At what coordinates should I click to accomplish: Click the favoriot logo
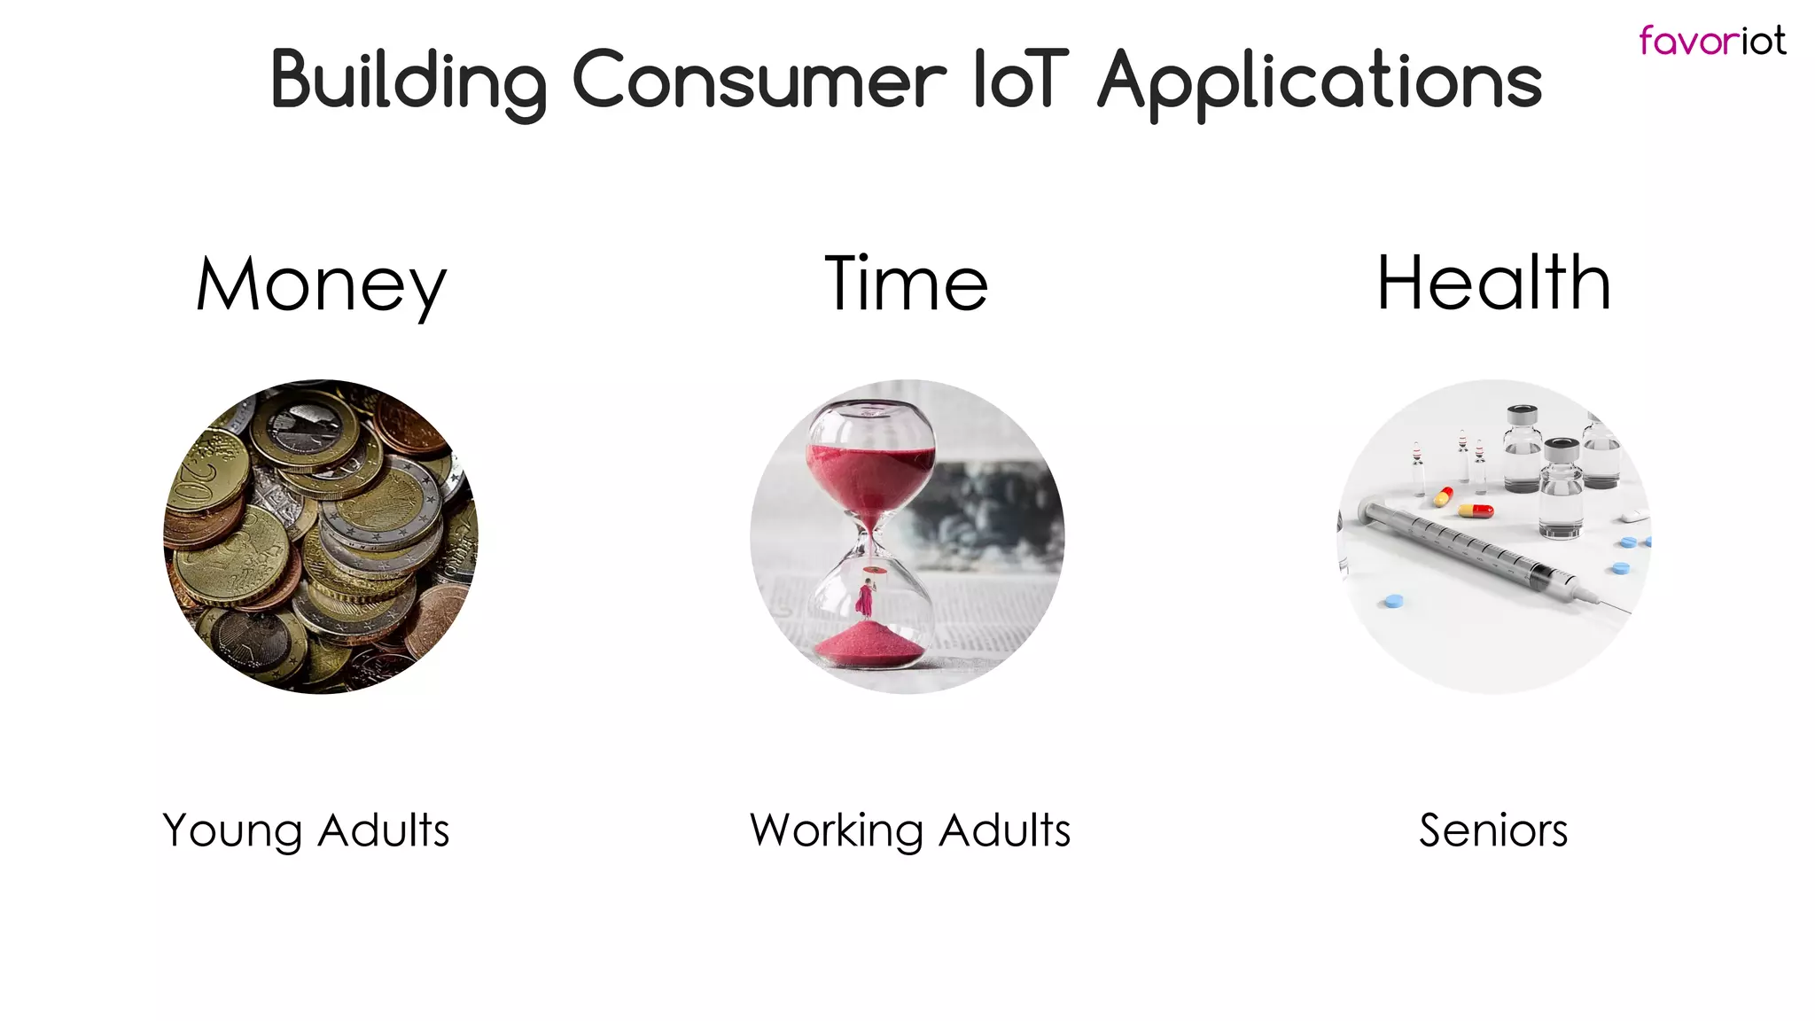coord(1711,41)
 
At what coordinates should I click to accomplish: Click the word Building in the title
coord(409,82)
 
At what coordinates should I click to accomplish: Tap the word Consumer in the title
coord(759,82)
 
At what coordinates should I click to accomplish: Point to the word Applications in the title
coord(1320,82)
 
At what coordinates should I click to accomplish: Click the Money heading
coord(321,285)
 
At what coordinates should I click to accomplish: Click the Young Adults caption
coord(306,830)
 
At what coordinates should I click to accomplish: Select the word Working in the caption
coord(837,830)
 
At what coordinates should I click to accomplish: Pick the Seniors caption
coord(1493,830)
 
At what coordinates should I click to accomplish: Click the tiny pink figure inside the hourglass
coord(864,598)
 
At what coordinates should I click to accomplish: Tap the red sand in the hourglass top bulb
coord(869,479)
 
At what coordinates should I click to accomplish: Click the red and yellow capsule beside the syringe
coord(1476,510)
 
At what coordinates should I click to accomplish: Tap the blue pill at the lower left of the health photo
coord(1393,602)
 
